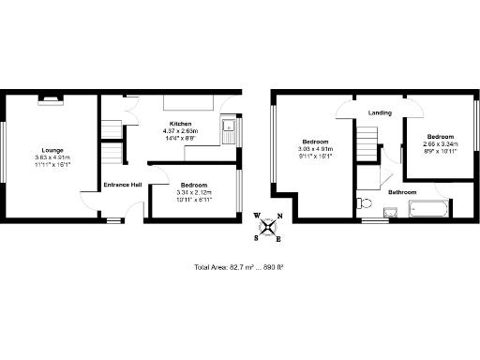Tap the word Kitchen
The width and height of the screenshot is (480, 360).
click(x=181, y=124)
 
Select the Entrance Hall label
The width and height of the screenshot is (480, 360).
click(x=123, y=185)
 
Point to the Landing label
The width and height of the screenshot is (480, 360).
click(x=380, y=112)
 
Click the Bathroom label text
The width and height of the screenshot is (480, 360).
click(x=402, y=191)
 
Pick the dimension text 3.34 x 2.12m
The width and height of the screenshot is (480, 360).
click(x=194, y=193)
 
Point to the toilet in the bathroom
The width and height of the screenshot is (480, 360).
click(x=364, y=202)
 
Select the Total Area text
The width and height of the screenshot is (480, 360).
click(x=238, y=267)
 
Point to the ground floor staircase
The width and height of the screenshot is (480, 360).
click(x=112, y=153)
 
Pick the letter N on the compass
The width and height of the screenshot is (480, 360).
click(x=278, y=215)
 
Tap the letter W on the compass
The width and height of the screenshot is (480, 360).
click(x=257, y=215)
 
